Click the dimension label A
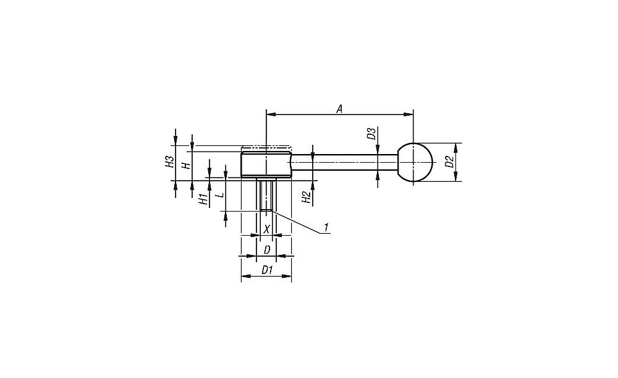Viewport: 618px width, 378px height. click(339, 109)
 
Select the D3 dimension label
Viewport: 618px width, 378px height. click(371, 134)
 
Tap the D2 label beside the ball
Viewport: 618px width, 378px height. click(449, 161)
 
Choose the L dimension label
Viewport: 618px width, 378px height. click(221, 195)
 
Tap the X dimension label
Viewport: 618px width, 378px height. click(267, 229)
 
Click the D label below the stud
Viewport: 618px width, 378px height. click(267, 250)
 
